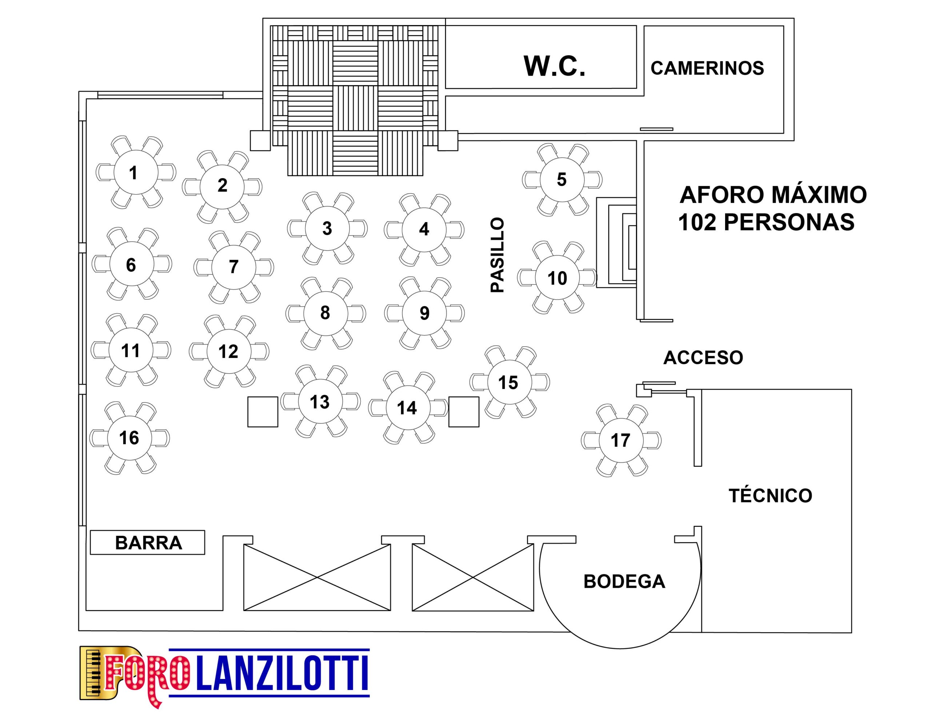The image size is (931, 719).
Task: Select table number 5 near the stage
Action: coord(562,180)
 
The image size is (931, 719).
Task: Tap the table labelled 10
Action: coord(557,278)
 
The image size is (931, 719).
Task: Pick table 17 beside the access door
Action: coord(621,440)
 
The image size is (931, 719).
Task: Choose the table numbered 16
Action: coord(129,438)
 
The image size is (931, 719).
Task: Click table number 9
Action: coord(424,313)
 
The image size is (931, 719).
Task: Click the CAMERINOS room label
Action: coord(707,68)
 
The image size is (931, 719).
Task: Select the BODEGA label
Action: coord(624,582)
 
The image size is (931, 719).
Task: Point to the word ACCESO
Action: coord(703,358)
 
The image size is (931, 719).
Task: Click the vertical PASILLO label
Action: coord(497,255)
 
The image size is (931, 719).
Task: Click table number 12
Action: coord(229,351)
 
